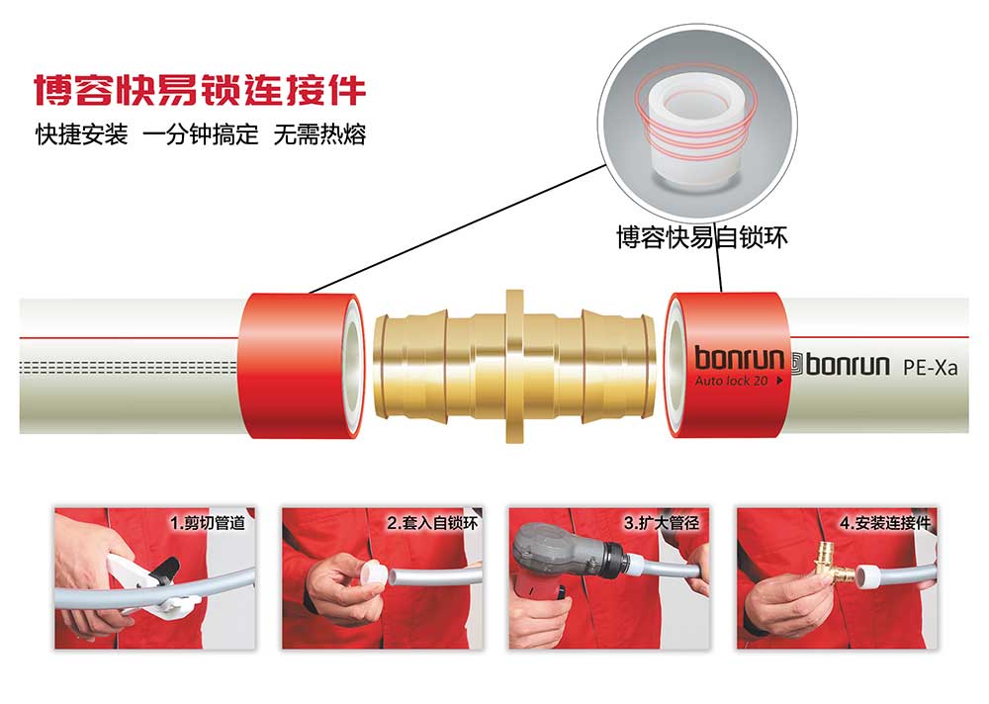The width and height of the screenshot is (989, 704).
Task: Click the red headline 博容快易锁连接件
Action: point(200,90)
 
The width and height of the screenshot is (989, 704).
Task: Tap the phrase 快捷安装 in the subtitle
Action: point(82,134)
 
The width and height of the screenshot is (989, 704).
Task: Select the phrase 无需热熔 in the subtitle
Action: point(319,134)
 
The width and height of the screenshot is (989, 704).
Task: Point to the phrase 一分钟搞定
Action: point(201,134)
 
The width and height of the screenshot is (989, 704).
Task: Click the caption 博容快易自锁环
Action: point(702,238)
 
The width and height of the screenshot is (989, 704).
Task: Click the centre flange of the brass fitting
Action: point(514,366)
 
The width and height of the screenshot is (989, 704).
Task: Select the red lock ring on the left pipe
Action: point(302,365)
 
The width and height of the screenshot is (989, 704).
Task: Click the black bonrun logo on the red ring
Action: point(739,358)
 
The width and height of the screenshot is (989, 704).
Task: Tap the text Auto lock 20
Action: point(732,381)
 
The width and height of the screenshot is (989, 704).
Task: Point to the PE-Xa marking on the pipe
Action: point(931,367)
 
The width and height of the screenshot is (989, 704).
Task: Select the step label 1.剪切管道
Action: point(208,522)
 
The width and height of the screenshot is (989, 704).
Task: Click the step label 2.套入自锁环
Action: point(433,522)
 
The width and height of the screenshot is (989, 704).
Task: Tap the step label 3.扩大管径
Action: point(662,522)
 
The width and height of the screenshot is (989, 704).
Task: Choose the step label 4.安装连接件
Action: point(885,522)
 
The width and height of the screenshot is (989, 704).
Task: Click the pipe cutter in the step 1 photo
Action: point(146,580)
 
